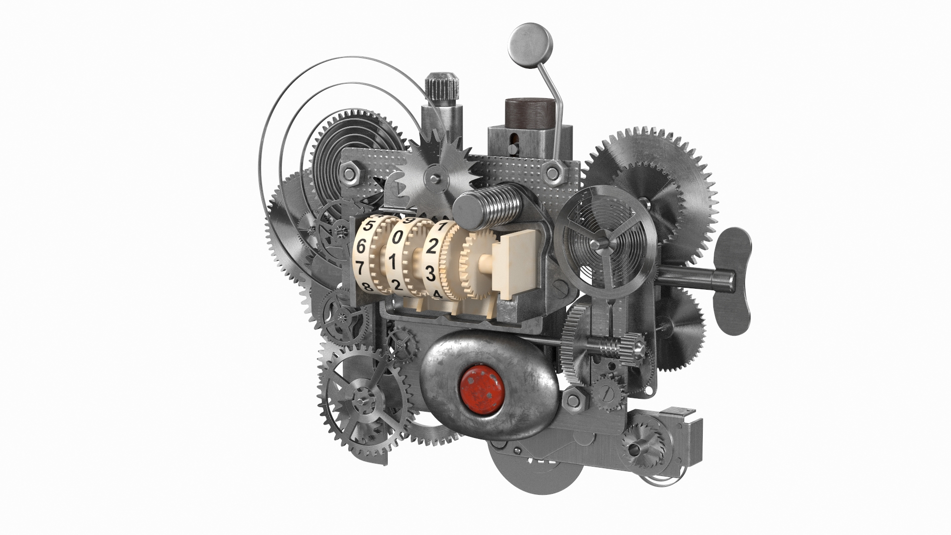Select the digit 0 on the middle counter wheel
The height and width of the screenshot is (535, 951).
(x=397, y=238)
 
